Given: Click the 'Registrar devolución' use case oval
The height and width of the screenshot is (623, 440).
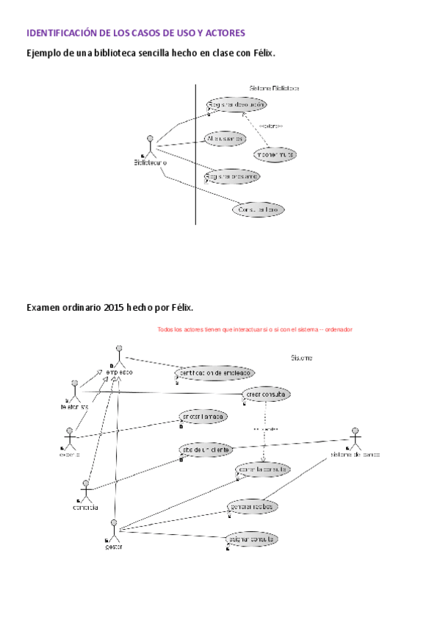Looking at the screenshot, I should pyautogui.click(x=235, y=106).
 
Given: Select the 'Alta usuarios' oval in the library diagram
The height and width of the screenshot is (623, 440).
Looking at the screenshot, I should pyautogui.click(x=226, y=138).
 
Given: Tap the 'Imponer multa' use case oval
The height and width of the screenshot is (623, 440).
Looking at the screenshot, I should pyautogui.click(x=275, y=155).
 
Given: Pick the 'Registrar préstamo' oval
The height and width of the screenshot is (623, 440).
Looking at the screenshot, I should pyautogui.click(x=232, y=177).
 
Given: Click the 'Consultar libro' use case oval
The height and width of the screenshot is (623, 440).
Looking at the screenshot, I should pyautogui.click(x=258, y=210).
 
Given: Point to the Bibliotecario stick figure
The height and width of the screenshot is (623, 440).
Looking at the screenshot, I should pyautogui.click(x=150, y=146).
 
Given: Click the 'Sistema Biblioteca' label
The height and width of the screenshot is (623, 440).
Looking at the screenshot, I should pyautogui.click(x=274, y=88).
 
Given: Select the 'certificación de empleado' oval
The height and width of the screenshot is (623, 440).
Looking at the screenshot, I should pyautogui.click(x=214, y=373).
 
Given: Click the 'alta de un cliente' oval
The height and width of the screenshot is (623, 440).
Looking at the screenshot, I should pyautogui.click(x=206, y=450).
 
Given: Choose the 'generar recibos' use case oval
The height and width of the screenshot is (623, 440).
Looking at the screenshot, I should pyautogui.click(x=253, y=507).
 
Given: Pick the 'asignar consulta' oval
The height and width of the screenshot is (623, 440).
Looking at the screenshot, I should pyautogui.click(x=251, y=539).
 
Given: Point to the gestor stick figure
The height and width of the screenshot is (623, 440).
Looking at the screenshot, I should pyautogui.click(x=114, y=530).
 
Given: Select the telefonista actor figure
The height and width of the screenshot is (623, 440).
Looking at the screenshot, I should pyautogui.click(x=74, y=389).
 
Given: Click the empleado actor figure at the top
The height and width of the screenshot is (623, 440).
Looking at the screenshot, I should pyautogui.click(x=118, y=356).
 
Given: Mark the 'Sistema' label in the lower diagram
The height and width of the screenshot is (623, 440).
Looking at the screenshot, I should pyautogui.click(x=302, y=359).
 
